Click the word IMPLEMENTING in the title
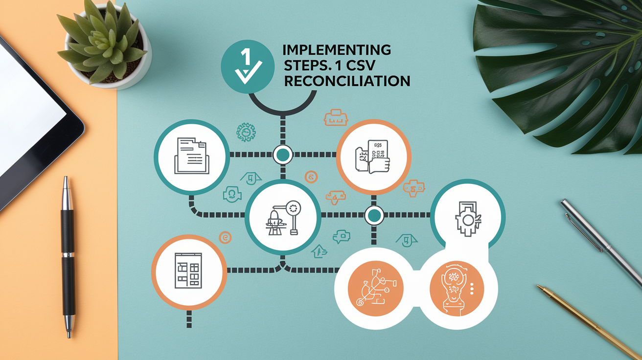pos(337,50)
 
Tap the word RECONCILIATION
pos(347,81)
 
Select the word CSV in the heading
pos(361,66)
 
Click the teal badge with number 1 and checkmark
pos(248,67)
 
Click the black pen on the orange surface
pos(68,256)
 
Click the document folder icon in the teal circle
pos(191,156)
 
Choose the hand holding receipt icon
pos(372,157)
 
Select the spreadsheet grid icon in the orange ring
pos(188,270)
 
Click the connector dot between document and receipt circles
pos(283,155)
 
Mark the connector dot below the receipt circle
pos(374,215)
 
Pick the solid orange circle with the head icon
pos(457,289)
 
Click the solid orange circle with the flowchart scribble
pos(375,289)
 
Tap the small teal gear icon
pos(246,132)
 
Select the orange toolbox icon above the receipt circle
pos(336,117)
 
